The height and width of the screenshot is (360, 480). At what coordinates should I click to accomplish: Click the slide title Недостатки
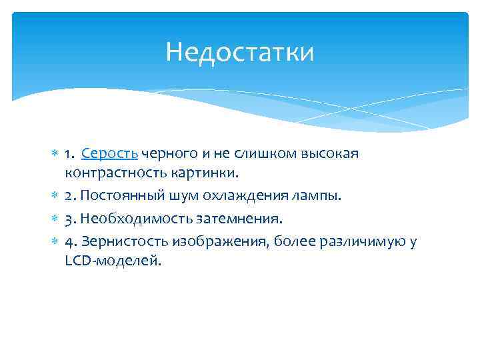point(239,52)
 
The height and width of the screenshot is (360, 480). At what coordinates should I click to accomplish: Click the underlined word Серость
point(109,155)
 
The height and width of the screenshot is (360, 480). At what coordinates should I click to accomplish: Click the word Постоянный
point(117,196)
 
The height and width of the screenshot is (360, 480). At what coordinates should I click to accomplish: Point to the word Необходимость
point(125,219)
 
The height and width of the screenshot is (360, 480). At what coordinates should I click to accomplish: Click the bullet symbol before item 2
point(55,196)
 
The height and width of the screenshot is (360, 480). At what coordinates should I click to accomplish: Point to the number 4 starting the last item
point(69,241)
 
